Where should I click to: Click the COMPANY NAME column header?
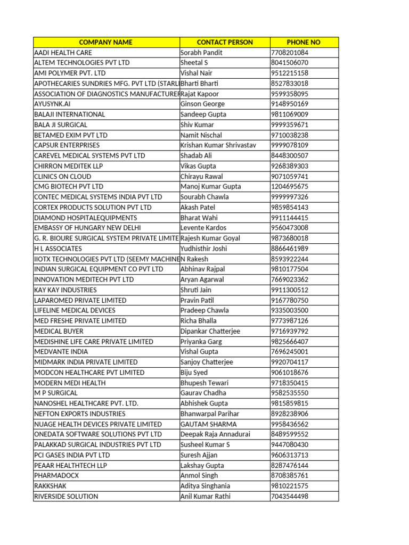105,42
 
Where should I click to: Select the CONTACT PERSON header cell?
225,42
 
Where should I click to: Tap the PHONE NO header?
304,42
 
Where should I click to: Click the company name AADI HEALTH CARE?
63,53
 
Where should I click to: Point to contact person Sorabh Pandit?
201,53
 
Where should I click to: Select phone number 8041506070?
290,63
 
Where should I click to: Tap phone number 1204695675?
290,187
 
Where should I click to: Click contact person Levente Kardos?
203,228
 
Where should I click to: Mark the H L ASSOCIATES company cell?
58,249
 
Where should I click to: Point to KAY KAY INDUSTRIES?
66,290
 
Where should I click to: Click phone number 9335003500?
290,310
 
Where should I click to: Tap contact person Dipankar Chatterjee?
210,331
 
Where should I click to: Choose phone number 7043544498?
290,497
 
